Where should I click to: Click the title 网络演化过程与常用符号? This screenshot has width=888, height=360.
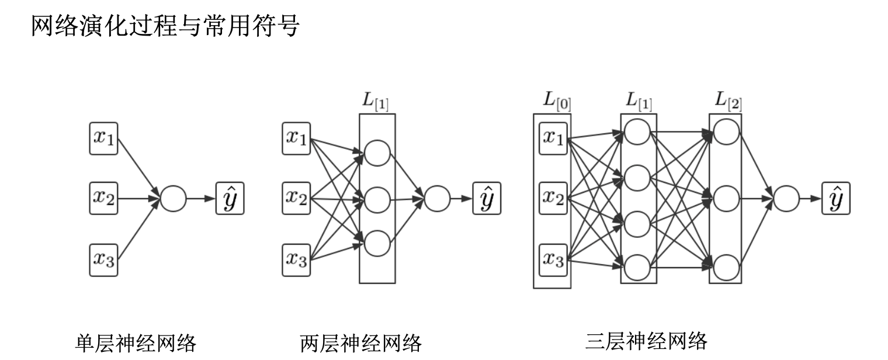pos(165,27)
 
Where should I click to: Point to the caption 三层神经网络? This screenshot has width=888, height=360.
pos(646,340)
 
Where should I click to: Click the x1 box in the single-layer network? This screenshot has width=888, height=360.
pos(104,139)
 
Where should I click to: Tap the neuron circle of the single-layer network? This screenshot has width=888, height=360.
pos(173,199)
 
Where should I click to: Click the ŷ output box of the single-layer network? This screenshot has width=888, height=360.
pos(230,199)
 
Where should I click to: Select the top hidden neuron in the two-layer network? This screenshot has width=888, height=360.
pos(377,153)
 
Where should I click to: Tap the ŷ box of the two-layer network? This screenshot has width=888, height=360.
pos(487,199)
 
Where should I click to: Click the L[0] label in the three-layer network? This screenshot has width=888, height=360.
pos(557,102)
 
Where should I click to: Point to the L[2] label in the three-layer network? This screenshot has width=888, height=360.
pos(729,102)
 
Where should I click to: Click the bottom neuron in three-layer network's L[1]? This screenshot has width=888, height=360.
pos(637,268)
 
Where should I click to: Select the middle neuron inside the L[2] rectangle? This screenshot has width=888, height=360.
pos(726,199)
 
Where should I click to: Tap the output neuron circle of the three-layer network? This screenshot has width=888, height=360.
pos(786,199)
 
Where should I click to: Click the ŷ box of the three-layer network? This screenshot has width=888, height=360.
pos(836,199)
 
